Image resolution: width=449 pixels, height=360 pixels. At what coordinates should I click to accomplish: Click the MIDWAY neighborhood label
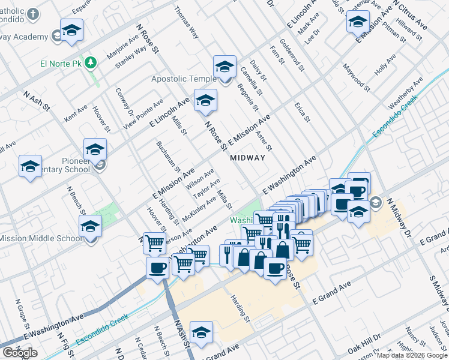(x=247, y=158)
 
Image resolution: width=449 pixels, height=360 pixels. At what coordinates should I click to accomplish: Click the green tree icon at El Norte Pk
(x=91, y=62)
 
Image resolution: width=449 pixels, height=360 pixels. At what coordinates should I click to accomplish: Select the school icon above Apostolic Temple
(x=224, y=68)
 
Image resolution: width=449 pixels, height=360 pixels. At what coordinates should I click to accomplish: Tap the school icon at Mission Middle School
(x=90, y=227)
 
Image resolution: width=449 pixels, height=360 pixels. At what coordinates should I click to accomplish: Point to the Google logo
(x=20, y=353)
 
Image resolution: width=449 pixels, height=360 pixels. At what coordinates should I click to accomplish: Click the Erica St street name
(x=302, y=112)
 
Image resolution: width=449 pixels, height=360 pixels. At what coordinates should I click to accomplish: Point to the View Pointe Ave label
(x=143, y=114)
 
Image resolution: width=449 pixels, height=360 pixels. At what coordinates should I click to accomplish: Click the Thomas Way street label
(x=186, y=23)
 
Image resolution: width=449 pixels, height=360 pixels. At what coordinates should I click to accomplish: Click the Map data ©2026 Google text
(x=412, y=355)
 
